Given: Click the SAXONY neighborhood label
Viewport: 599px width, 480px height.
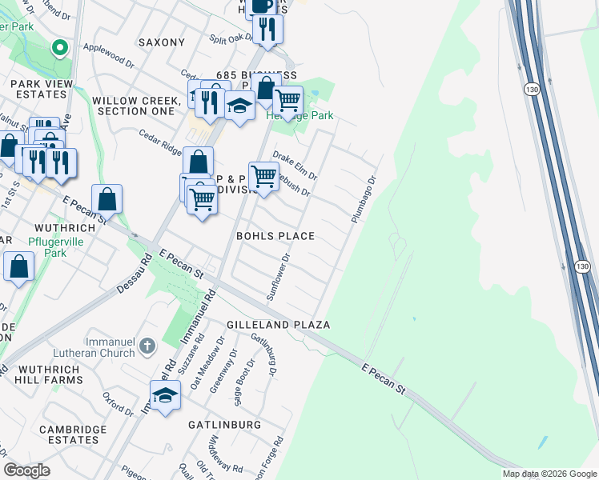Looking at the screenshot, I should [x=161, y=42].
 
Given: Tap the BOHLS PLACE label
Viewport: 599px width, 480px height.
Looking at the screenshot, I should [x=275, y=236].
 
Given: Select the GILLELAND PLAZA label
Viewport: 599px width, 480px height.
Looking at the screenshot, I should [x=279, y=325].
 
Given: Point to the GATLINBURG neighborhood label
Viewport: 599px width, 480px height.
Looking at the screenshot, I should [x=225, y=423].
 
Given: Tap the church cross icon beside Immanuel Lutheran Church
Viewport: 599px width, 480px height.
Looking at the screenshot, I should [x=147, y=346].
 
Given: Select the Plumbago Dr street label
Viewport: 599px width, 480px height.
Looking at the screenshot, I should [x=363, y=200].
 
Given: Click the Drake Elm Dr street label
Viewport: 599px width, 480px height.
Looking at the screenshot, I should [x=295, y=164].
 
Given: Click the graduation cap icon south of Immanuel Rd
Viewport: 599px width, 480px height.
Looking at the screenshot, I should [x=165, y=395].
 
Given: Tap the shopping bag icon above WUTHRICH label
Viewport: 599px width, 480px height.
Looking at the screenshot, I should [x=107, y=198].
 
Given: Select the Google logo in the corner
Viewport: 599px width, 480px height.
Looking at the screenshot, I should [x=27, y=470].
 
